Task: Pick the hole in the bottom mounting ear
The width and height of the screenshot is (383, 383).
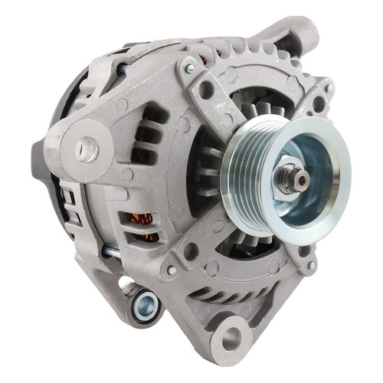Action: [231, 338]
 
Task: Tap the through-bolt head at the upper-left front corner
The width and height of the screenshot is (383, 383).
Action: [188, 70]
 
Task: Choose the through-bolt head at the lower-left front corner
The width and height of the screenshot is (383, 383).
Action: [170, 269]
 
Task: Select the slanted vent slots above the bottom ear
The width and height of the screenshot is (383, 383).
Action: [230, 295]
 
